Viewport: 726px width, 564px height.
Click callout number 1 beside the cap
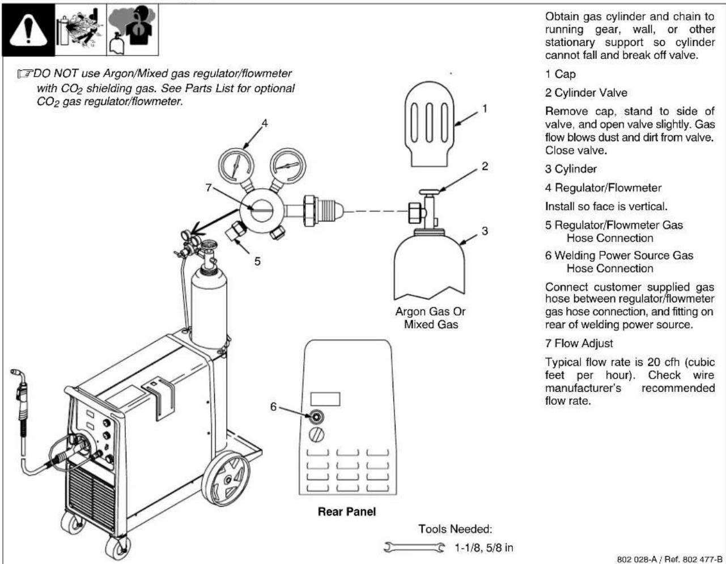click(484, 108)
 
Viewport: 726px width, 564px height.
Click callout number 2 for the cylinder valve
click(484, 166)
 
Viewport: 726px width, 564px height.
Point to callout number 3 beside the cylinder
click(484, 231)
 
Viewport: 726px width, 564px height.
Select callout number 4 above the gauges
click(264, 123)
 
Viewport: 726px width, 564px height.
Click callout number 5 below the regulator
click(257, 261)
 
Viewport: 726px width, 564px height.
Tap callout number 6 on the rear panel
click(273, 406)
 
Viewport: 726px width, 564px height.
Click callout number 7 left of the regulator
click(209, 188)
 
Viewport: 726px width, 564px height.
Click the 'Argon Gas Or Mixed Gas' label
click(431, 318)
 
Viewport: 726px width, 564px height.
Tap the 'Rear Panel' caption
click(346, 511)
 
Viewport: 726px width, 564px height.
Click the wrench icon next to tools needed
click(414, 548)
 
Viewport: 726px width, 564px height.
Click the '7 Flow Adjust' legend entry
click(579, 343)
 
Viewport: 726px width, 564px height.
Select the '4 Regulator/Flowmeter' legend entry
click(603, 188)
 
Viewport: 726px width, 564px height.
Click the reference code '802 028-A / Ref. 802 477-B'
click(668, 559)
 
